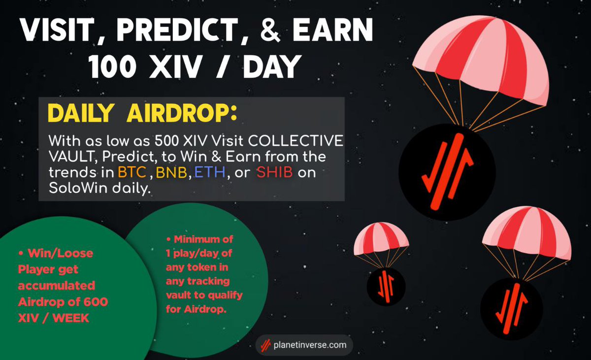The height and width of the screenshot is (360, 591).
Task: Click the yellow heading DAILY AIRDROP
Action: point(142,113)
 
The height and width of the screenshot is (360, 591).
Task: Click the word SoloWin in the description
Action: point(74,189)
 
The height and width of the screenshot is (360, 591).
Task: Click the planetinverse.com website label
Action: point(310,345)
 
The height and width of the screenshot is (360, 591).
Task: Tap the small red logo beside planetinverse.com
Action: point(266,345)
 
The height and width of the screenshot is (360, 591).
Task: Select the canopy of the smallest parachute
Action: point(381,236)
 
